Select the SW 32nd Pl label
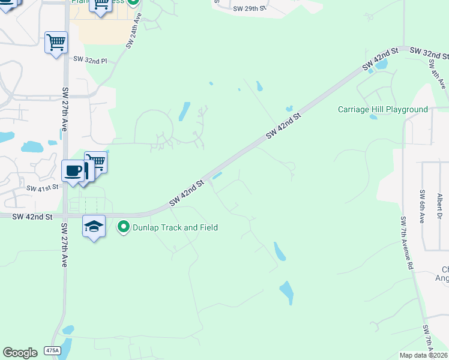(x=90, y=60)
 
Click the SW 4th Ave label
(x=437, y=76)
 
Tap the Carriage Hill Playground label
(x=383, y=109)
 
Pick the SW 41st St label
(x=41, y=188)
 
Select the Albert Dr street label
(x=440, y=206)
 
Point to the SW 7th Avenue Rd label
(x=406, y=243)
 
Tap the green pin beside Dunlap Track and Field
(x=124, y=227)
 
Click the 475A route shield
(x=52, y=350)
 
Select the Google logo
(x=20, y=353)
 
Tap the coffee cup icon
(x=73, y=170)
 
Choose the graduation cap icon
(x=94, y=226)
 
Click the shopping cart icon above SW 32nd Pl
(x=56, y=43)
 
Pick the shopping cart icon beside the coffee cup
(x=96, y=162)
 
